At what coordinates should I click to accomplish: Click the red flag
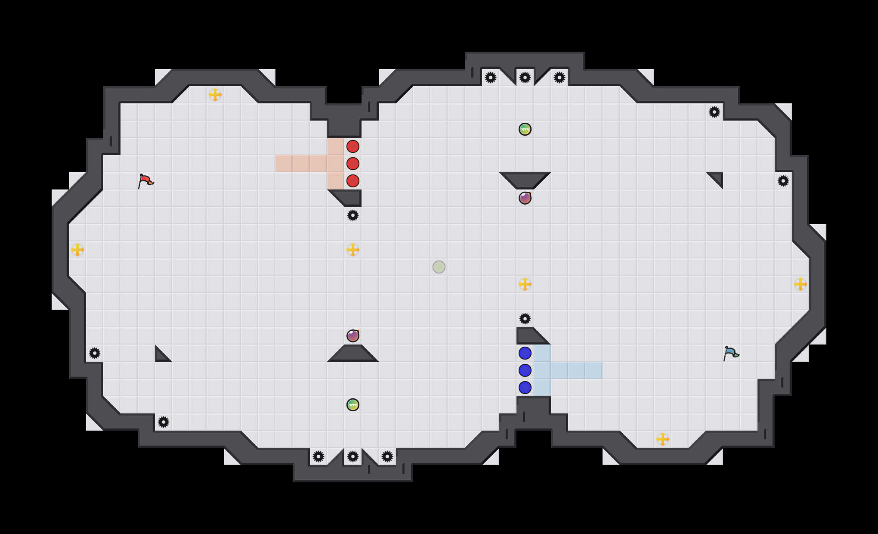[145, 181]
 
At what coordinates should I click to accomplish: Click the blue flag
[731, 353]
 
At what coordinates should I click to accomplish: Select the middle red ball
[353, 164]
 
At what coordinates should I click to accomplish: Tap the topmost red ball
[353, 146]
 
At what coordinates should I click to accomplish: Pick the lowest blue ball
[525, 388]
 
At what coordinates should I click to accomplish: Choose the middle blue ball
[525, 370]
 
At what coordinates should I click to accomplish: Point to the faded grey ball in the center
[439, 267]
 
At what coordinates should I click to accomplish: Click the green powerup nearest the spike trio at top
[525, 129]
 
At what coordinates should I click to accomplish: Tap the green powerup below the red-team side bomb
[353, 405]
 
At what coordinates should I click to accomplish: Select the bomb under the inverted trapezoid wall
[525, 198]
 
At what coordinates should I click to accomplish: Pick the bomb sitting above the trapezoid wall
[353, 336]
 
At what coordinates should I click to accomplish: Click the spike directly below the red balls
[353, 215]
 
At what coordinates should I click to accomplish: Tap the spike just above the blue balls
[525, 319]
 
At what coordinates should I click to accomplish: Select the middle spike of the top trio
[525, 78]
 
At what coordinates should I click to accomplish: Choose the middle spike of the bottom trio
[353, 456]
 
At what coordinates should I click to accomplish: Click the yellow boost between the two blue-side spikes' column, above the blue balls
[525, 284]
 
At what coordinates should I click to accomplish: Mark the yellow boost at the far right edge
[801, 284]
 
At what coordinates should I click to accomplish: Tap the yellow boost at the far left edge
[77, 250]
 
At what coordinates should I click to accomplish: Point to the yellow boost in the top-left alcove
[215, 95]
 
